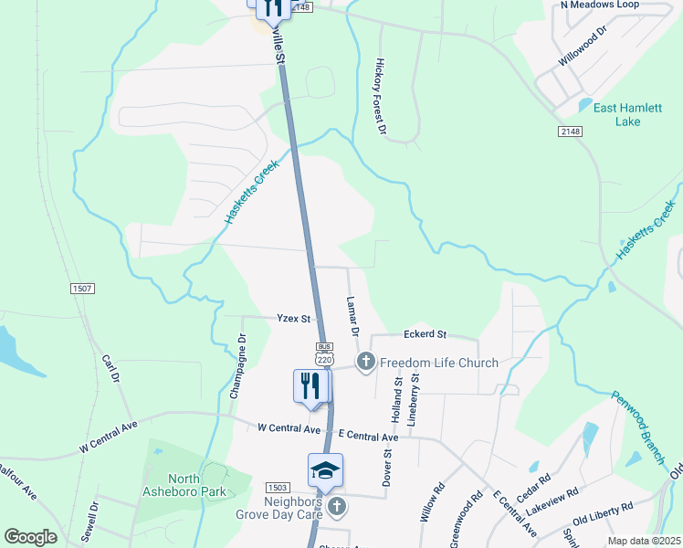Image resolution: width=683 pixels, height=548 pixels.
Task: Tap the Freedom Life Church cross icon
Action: point(365,363)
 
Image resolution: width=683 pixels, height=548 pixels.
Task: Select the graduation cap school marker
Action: point(325,471)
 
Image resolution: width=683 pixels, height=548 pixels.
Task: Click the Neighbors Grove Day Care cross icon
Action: point(336,506)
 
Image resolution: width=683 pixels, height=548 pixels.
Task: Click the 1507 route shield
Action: point(82,289)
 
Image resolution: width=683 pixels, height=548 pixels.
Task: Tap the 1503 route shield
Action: point(278,488)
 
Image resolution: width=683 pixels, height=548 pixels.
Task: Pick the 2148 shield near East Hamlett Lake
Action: point(571,132)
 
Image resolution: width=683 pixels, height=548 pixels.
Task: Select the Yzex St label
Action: point(295,319)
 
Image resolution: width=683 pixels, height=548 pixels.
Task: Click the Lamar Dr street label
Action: point(352,316)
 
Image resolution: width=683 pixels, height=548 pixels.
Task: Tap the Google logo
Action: point(30,537)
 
